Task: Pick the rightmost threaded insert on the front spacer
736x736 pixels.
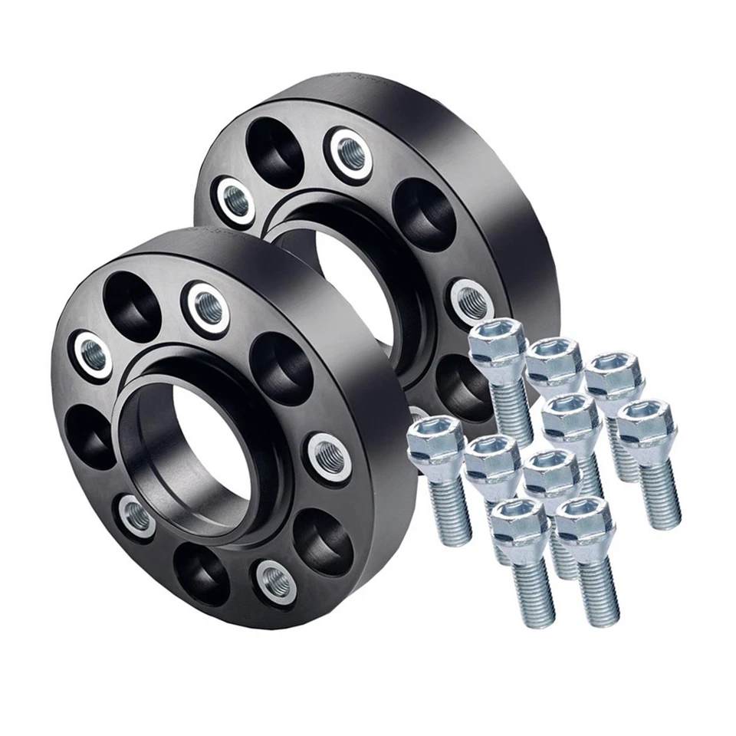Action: pyautogui.click(x=330, y=457)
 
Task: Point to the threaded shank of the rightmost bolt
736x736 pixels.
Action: pyautogui.click(x=659, y=495)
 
